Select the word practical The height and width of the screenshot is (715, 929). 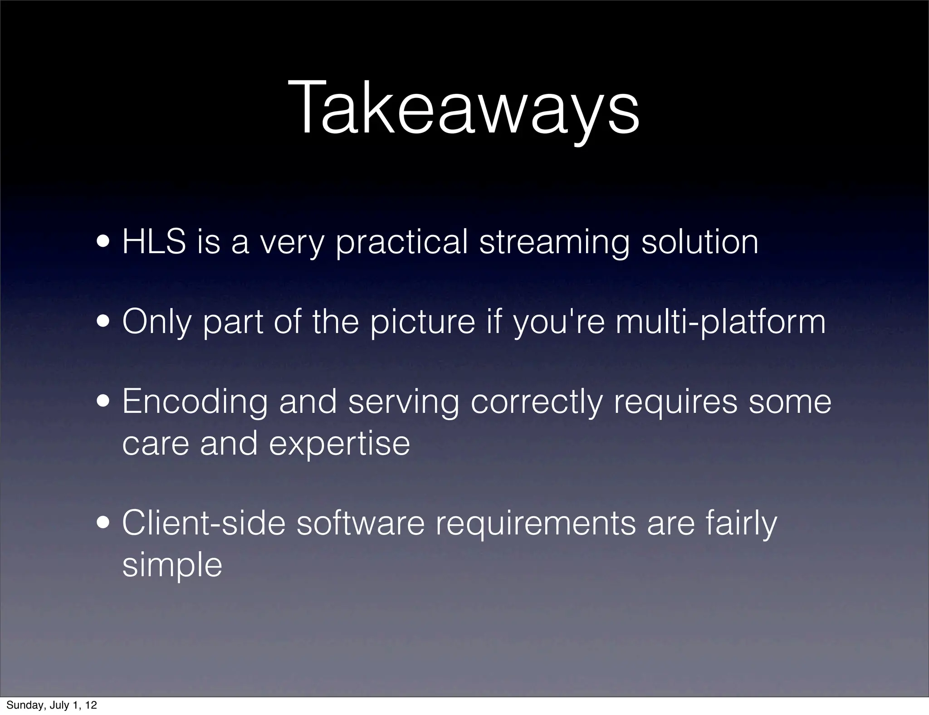[401, 243]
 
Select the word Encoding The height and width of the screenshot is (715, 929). [195, 402]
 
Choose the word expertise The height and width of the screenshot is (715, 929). [339, 443]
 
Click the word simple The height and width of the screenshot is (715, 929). [172, 565]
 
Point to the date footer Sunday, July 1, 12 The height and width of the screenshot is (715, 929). [52, 705]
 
